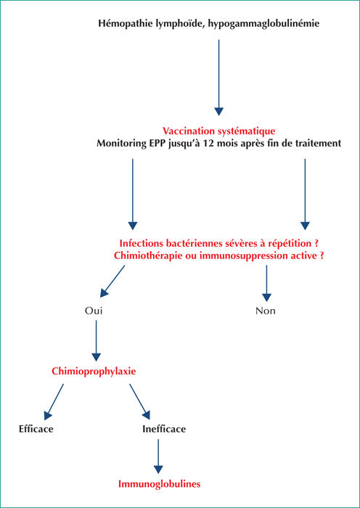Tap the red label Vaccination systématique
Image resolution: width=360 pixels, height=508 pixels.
[x=218, y=131]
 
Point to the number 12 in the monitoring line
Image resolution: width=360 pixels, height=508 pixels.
[x=205, y=143]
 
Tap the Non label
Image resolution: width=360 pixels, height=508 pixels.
[x=266, y=311]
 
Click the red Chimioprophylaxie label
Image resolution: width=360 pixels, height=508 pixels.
[x=94, y=372]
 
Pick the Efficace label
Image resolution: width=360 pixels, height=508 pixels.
[x=36, y=430]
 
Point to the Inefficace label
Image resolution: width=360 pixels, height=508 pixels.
[x=164, y=430]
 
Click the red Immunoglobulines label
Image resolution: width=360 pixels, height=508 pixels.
[x=160, y=484]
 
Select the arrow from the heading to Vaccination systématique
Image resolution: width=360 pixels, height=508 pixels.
[x=218, y=78]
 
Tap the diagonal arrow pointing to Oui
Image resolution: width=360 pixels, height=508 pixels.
[x=112, y=282]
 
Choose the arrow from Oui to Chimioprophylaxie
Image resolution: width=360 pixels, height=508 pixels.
[x=96, y=341]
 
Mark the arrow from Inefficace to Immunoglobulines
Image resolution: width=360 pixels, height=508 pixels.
[x=158, y=456]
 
